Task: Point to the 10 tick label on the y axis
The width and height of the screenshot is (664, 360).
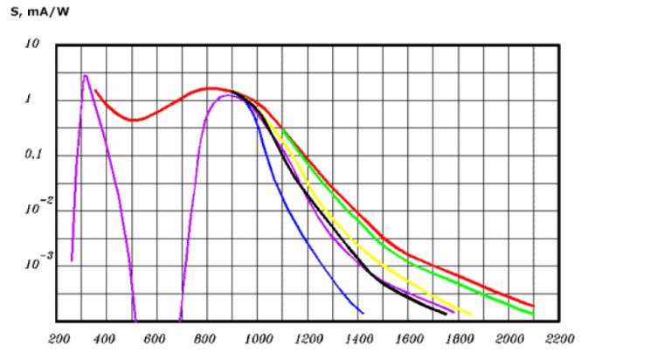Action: pyautogui.click(x=32, y=44)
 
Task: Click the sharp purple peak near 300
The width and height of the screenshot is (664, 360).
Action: pyautogui.click(x=85, y=76)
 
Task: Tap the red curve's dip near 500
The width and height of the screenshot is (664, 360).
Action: pyautogui.click(x=133, y=120)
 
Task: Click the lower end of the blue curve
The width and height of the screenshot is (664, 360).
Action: pyautogui.click(x=362, y=313)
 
